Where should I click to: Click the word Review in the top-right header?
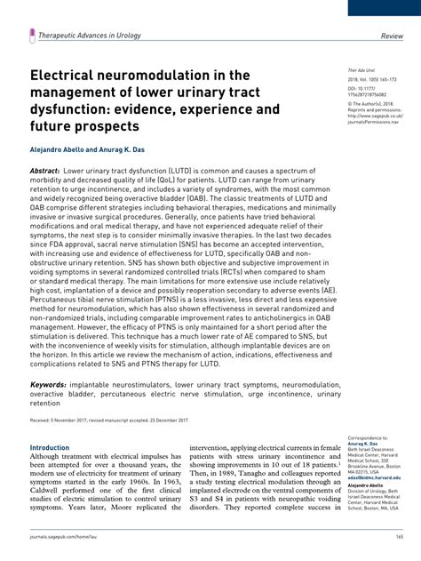pos(392,36)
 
